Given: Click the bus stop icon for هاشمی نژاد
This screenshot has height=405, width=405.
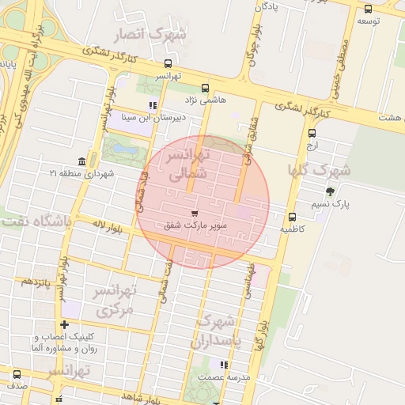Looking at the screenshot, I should (x=206, y=88).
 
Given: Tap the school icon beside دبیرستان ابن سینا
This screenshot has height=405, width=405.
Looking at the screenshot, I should (x=152, y=104).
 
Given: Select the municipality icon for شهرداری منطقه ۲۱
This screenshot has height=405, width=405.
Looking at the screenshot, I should (x=82, y=161).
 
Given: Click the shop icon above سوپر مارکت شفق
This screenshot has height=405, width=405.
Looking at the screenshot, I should (x=195, y=214).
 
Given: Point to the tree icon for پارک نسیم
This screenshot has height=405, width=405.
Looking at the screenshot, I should (x=330, y=191).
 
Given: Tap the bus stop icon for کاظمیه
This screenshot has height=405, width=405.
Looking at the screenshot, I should (x=292, y=217).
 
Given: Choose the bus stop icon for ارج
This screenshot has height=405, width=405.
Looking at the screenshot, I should (x=311, y=134).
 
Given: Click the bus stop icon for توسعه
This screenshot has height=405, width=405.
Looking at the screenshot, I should (x=368, y=9).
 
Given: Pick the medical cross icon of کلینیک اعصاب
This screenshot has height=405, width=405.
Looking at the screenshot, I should (x=64, y=324).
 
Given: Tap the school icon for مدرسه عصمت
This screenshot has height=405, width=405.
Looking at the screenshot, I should (x=224, y=365).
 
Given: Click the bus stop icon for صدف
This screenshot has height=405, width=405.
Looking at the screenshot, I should (x=17, y=374).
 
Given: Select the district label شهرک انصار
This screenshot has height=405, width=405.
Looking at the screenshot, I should (x=150, y=35).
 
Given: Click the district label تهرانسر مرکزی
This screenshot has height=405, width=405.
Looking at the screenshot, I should (x=115, y=301).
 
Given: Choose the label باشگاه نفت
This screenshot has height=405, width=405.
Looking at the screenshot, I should (x=36, y=221).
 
